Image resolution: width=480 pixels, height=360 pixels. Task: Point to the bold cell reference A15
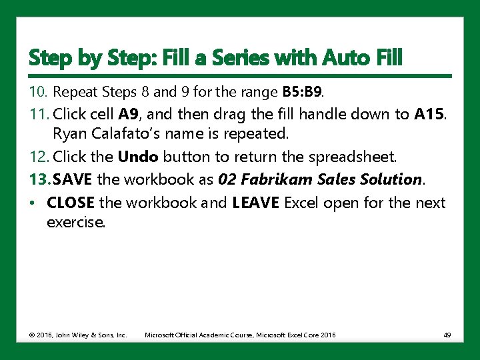[x=431, y=115]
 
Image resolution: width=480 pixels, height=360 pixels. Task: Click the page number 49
[x=447, y=335]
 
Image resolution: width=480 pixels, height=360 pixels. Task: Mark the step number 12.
[x=37, y=158]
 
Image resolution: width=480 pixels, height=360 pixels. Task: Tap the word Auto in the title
[x=347, y=59]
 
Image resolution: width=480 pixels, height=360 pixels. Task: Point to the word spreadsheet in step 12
[x=357, y=158]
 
